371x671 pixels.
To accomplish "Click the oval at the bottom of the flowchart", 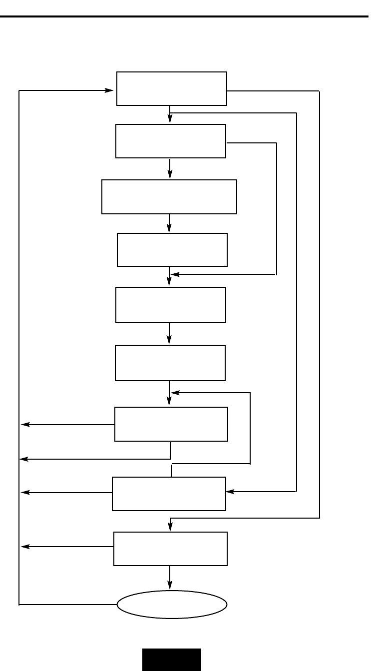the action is (x=172, y=605).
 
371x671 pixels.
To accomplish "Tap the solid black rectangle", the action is (x=172, y=660).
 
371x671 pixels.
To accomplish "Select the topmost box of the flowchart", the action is (x=172, y=88).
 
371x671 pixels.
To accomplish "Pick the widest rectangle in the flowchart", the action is (x=169, y=197).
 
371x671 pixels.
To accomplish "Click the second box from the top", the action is (x=171, y=141).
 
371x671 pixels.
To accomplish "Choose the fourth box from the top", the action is (x=172, y=250).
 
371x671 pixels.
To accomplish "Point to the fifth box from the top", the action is (x=171, y=304).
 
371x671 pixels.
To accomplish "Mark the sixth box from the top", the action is (x=170, y=363).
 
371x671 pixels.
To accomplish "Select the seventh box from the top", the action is (x=171, y=424).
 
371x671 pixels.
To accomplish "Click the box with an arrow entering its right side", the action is (x=169, y=494).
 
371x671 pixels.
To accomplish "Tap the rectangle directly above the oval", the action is (x=171, y=549).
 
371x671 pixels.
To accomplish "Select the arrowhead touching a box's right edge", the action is (x=230, y=492).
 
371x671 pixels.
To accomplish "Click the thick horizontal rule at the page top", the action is (x=185, y=16).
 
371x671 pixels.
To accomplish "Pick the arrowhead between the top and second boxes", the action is (x=170, y=119).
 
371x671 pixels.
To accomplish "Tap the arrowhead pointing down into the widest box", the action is (x=170, y=175).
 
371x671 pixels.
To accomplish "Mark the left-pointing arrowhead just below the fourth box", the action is (x=174, y=274).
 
